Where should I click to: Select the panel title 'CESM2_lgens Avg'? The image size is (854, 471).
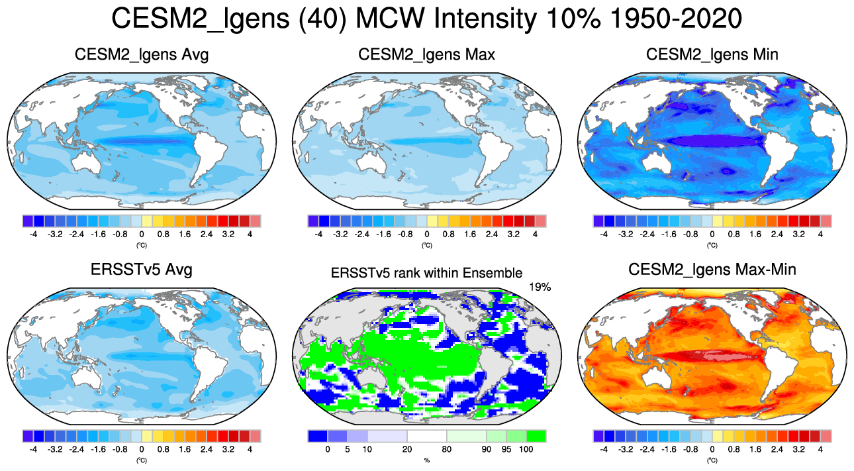(x=142, y=54)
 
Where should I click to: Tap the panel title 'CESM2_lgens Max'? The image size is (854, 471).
(x=426, y=54)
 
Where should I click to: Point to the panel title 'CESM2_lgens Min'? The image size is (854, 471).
(x=712, y=54)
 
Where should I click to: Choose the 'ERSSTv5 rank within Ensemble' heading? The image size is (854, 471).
(x=426, y=272)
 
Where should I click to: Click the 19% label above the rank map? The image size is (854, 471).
(x=540, y=287)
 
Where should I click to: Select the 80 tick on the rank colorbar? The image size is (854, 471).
(x=447, y=449)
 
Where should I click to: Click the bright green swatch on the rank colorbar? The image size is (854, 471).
(x=536, y=436)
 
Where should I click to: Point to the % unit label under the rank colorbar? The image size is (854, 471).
(x=426, y=460)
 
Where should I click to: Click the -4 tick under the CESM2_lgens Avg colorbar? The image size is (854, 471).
(x=33, y=234)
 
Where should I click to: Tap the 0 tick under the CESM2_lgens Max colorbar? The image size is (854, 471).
(x=427, y=234)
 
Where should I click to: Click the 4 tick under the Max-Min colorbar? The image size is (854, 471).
(x=820, y=449)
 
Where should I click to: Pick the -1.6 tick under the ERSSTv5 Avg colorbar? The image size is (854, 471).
(x=98, y=449)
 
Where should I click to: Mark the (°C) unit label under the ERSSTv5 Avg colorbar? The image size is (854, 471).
(x=141, y=460)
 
